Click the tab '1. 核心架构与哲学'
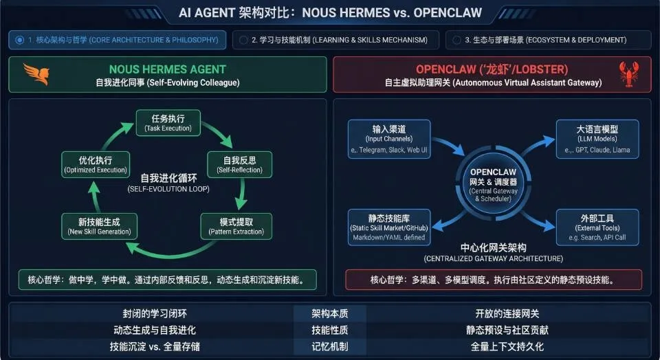pyautogui.click(x=118, y=40)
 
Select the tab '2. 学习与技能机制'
pyautogui.click(x=335, y=40)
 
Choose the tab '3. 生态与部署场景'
pyautogui.click(x=547, y=40)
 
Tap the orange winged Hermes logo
pyautogui.click(x=36, y=74)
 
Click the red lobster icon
pyautogui.click(x=628, y=74)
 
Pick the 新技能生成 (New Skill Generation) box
pyautogui.click(x=99, y=226)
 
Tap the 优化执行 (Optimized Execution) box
pyautogui.click(x=95, y=164)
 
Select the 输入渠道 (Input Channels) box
pyautogui.click(x=389, y=138)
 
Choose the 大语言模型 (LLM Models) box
pyautogui.click(x=597, y=138)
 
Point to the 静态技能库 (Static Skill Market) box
pyautogui.click(x=388, y=227)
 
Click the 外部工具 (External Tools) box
pyautogui.click(x=597, y=227)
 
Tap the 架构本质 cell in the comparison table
pyautogui.click(x=329, y=314)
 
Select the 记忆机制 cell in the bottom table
pyautogui.click(x=329, y=346)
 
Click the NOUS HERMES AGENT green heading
pyautogui.click(x=167, y=69)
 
